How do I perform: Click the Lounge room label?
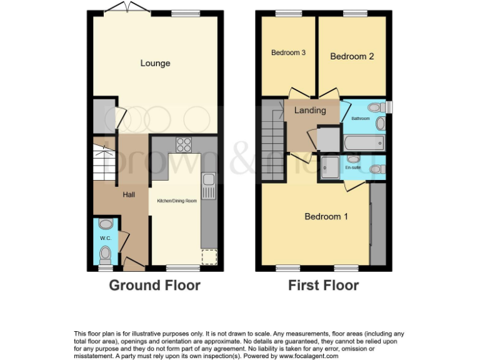click(x=155, y=63)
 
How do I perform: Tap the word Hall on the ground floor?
click(x=129, y=195)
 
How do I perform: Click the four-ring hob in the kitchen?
click(x=184, y=144)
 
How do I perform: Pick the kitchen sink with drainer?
click(x=209, y=185)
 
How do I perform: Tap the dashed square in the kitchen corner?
click(x=209, y=257)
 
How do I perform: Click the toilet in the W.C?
click(x=106, y=254)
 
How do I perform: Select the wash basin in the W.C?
click(x=106, y=224)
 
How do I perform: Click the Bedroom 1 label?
click(x=326, y=217)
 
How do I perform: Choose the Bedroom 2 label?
click(x=352, y=56)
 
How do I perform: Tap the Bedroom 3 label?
click(x=288, y=53)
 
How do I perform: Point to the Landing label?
click(x=311, y=111)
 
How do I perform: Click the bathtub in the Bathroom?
click(x=362, y=143)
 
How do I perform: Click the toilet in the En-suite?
click(x=377, y=169)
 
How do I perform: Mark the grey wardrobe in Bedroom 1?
click(x=377, y=223)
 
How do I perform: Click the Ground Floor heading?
click(x=154, y=286)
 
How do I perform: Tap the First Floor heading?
click(x=323, y=286)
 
